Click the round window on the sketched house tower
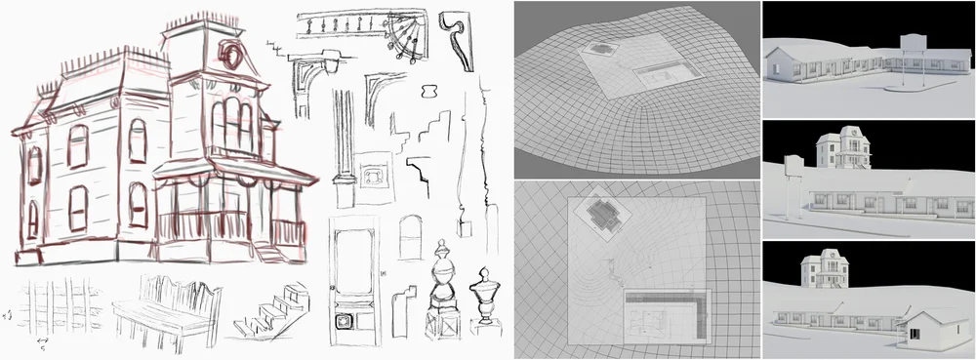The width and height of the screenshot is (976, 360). point(233,53)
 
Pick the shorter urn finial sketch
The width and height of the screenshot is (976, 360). point(485,297)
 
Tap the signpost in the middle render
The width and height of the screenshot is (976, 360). point(793,180)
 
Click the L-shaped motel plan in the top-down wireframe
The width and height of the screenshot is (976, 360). point(669,313)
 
